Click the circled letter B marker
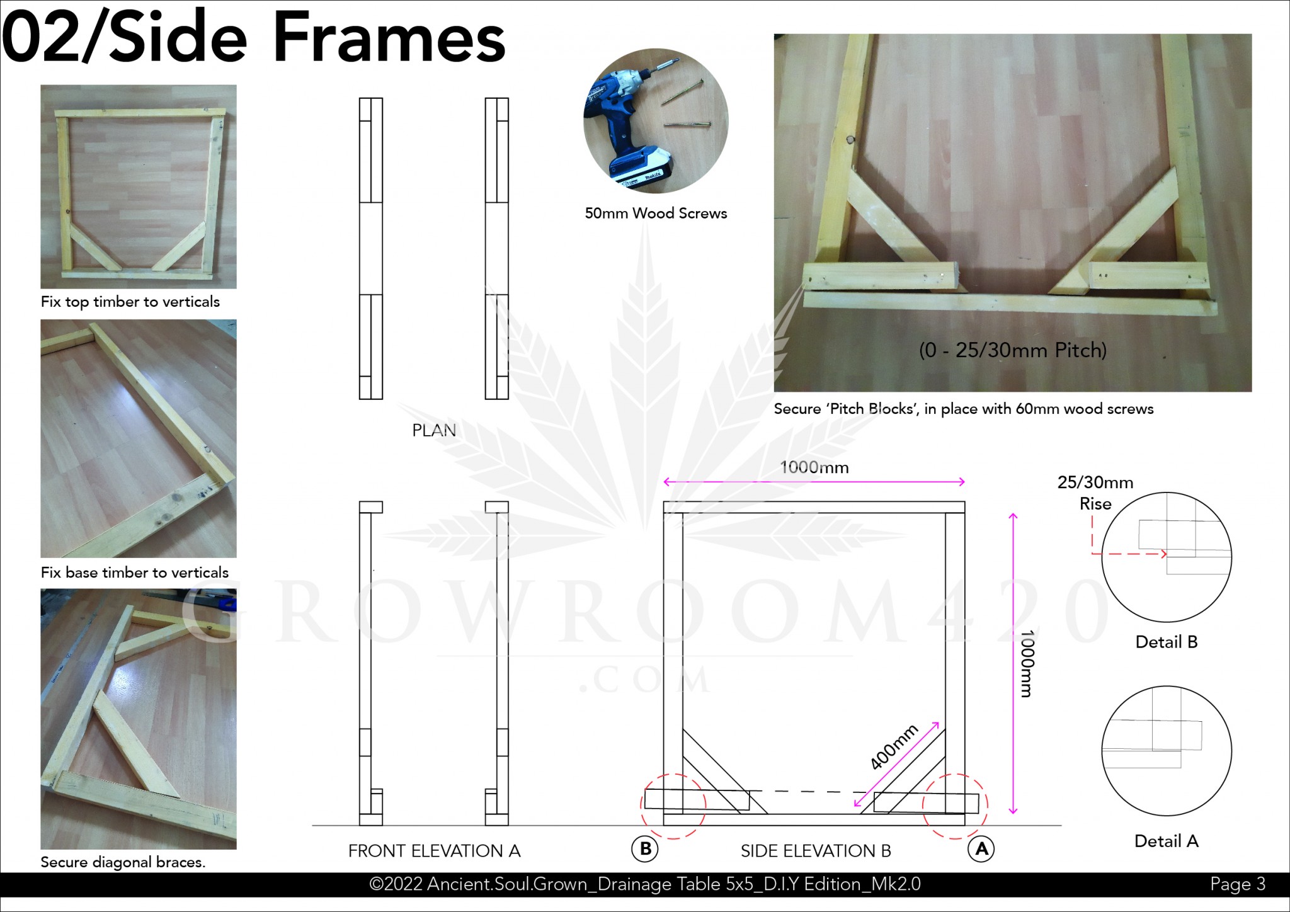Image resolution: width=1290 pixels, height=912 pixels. tap(645, 849)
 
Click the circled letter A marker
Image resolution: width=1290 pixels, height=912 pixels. tap(981, 849)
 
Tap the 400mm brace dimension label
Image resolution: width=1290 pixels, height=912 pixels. tap(894, 747)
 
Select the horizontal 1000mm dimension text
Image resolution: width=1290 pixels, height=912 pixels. tap(814, 467)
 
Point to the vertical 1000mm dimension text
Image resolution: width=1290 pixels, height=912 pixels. tap(1027, 664)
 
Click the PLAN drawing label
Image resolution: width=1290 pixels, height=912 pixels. tap(434, 430)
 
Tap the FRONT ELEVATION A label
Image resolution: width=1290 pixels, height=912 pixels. tap(435, 851)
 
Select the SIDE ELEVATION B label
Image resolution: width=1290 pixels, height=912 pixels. tap(816, 851)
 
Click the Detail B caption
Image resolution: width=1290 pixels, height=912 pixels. tap(1167, 642)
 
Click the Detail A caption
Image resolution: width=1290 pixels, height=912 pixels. tap(1167, 841)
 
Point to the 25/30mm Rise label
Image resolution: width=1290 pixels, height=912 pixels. tap(1095, 493)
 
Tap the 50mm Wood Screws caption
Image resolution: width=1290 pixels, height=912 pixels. tap(656, 214)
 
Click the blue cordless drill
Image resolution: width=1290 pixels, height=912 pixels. tap(627, 126)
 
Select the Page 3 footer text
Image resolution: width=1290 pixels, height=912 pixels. tap(1238, 884)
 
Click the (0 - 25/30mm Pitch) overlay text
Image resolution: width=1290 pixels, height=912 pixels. tap(1013, 350)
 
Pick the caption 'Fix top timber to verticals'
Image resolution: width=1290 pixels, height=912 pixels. tap(130, 302)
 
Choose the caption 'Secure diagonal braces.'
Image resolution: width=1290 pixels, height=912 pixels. tap(123, 862)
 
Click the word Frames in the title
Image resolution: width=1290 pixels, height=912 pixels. tap(389, 38)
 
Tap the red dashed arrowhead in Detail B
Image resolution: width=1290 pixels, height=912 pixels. tap(1163, 554)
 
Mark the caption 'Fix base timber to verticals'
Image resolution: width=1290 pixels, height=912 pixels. tap(135, 573)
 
